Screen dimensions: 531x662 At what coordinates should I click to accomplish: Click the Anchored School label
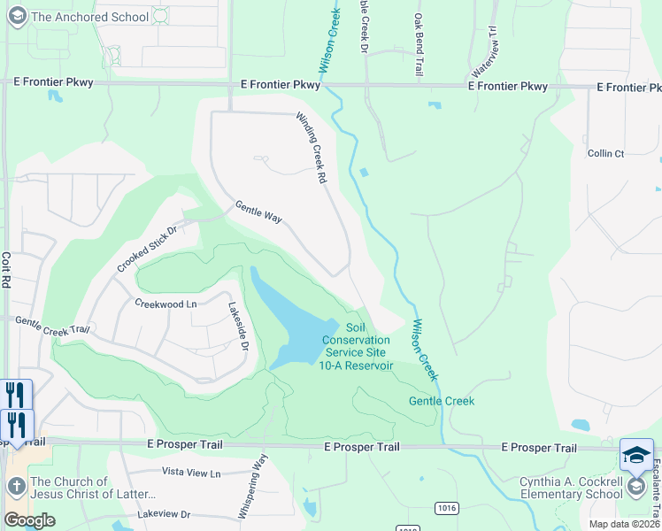[x=89, y=17]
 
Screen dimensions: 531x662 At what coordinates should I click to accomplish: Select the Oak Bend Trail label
[x=417, y=44]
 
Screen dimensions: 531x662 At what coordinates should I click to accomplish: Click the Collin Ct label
[x=605, y=153]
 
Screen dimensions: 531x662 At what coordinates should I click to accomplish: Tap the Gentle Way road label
[x=258, y=212]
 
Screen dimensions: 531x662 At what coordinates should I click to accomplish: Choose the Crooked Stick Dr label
[x=147, y=249]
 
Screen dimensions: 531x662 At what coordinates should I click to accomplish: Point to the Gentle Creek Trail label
[x=52, y=325]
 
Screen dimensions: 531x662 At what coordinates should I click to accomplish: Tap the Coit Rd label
[x=7, y=269]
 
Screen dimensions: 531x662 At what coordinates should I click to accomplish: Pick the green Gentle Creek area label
[x=441, y=401]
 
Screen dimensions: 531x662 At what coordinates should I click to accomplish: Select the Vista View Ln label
[x=190, y=473]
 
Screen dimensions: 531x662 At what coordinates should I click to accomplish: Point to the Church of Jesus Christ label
[x=93, y=489]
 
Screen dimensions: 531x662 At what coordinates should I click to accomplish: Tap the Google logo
[x=29, y=520]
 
